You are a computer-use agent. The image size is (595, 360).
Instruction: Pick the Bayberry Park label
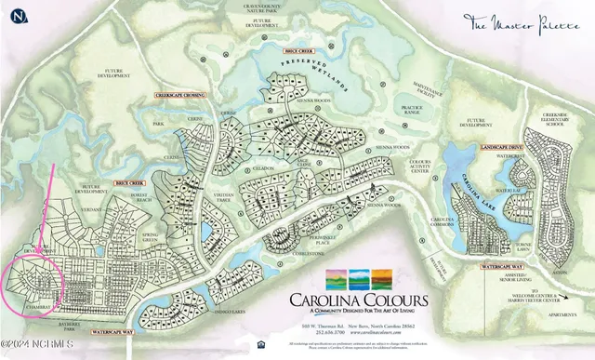point(72,323)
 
